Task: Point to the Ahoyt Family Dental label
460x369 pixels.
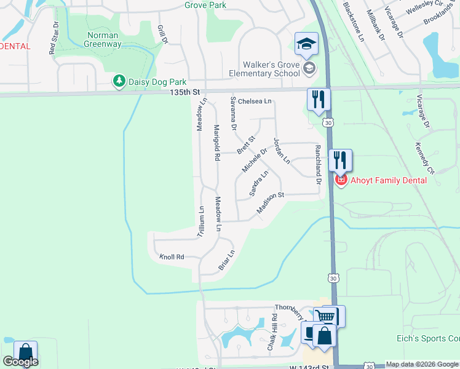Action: (x=388, y=180)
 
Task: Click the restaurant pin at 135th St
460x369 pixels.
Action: (x=319, y=99)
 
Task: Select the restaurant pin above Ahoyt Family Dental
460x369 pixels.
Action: (x=340, y=160)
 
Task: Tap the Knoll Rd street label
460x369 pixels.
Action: (x=172, y=256)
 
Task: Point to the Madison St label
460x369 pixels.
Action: (x=271, y=204)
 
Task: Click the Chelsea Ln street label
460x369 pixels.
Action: (x=255, y=101)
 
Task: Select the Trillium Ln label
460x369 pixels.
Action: (x=200, y=221)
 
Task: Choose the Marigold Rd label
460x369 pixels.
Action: (x=216, y=143)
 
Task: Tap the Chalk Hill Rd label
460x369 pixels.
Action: (x=272, y=332)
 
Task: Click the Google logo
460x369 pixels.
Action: (x=20, y=362)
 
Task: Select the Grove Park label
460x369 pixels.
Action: (x=205, y=5)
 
